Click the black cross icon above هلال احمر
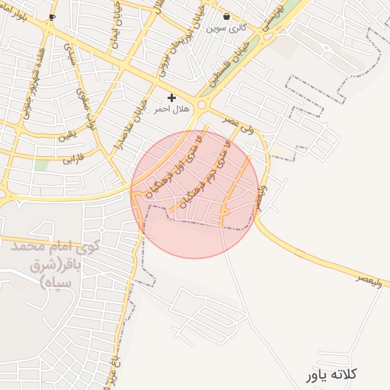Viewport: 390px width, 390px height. click(171, 97)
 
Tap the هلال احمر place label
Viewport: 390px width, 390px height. click(171, 110)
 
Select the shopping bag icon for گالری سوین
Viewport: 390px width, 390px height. click(226, 16)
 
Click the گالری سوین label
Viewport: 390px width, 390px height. click(226, 28)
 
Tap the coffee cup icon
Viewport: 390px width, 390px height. click(52, 16)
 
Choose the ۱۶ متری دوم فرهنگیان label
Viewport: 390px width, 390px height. click(206, 172)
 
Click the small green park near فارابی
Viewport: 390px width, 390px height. click(41, 165)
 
